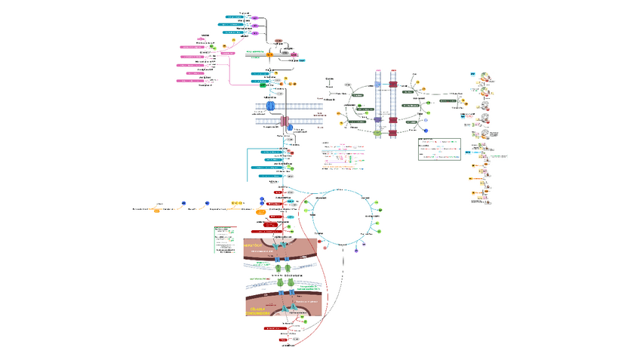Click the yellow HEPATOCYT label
tap(253, 246)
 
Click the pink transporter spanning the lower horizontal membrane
tap(285, 122)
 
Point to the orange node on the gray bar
tap(269, 54)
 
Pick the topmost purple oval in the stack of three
tap(254, 17)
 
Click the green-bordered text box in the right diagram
tap(438, 149)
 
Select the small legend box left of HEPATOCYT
tap(225, 238)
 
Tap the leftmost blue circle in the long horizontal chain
tap(183, 203)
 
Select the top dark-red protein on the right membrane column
tap(393, 87)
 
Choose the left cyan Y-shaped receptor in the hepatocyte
tap(275, 247)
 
